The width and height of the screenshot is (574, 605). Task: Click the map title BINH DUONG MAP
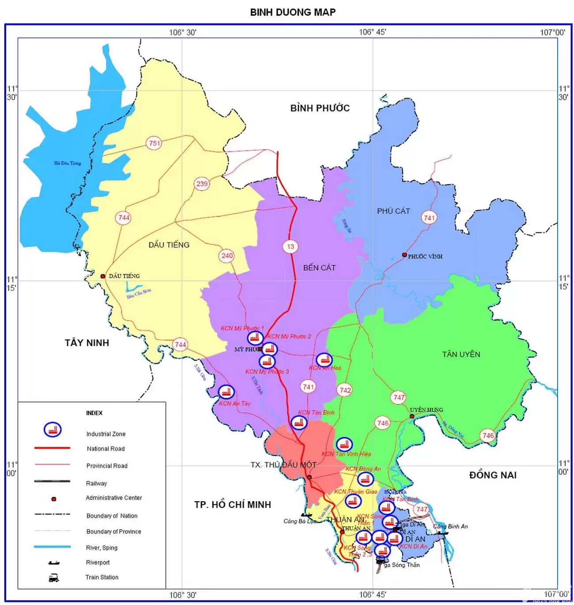click(x=293, y=12)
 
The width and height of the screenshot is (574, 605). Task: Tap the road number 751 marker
click(x=154, y=143)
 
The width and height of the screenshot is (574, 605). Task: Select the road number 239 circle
click(x=202, y=184)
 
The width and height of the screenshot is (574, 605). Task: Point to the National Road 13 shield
click(x=290, y=246)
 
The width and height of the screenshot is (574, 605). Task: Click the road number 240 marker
click(x=227, y=256)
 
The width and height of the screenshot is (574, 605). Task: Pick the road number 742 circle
click(x=345, y=390)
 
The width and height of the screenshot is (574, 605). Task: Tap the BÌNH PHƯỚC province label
click(x=320, y=108)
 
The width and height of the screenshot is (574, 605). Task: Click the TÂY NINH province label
click(x=87, y=343)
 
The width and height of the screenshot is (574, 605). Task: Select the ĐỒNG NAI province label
click(x=493, y=475)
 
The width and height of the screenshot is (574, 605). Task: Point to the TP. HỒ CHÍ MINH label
click(x=233, y=505)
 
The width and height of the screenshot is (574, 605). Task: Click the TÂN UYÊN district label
click(x=461, y=354)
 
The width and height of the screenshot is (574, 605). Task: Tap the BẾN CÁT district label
click(x=319, y=268)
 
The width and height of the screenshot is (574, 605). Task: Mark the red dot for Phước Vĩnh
click(x=404, y=255)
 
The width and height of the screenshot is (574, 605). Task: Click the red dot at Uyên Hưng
click(x=412, y=416)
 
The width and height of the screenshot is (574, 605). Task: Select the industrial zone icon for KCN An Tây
click(x=226, y=392)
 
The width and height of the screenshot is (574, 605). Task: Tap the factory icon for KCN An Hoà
click(x=324, y=359)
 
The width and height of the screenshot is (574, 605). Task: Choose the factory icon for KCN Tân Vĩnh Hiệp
click(x=344, y=444)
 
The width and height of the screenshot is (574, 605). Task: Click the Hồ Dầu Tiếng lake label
click(x=68, y=163)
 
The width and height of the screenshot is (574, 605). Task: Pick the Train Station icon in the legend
click(x=53, y=578)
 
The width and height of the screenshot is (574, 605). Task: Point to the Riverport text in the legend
click(x=98, y=563)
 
